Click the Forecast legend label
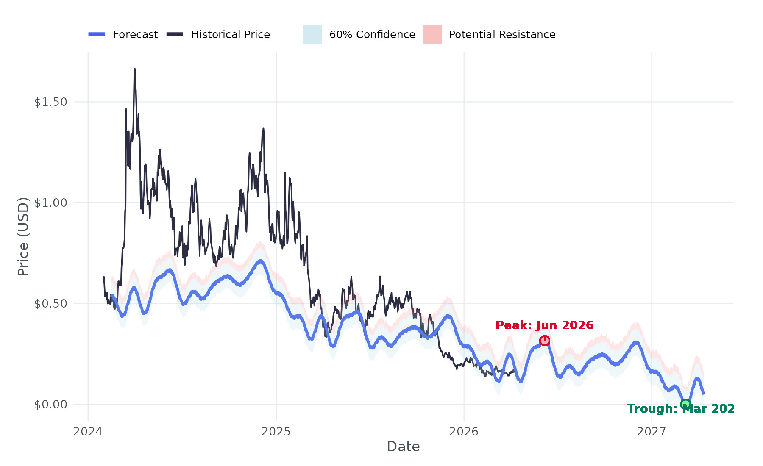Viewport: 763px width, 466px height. [135, 34]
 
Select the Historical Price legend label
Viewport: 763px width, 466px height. [230, 34]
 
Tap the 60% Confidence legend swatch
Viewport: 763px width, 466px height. [312, 34]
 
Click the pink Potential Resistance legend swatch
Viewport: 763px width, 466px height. [432, 34]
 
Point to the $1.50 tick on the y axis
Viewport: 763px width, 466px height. [51, 102]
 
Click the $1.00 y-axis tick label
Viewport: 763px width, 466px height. [51, 203]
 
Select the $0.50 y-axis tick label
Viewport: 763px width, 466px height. [51, 304]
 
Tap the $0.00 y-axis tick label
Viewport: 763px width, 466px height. [51, 405]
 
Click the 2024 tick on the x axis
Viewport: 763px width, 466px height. [88, 432]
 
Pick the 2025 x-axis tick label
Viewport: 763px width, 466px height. [276, 432]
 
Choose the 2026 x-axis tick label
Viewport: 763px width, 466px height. [464, 432]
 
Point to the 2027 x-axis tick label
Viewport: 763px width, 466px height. [652, 432]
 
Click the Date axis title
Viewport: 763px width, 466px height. [403, 447]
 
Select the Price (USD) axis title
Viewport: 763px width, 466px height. [23, 236]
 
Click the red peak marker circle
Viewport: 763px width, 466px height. [545, 341]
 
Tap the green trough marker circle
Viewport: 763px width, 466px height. [685, 404]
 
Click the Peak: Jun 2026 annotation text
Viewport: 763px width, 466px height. [544, 325]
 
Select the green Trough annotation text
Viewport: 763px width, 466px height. [680, 409]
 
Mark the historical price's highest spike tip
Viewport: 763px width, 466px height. [135, 69]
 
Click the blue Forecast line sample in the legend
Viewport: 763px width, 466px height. [97, 34]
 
